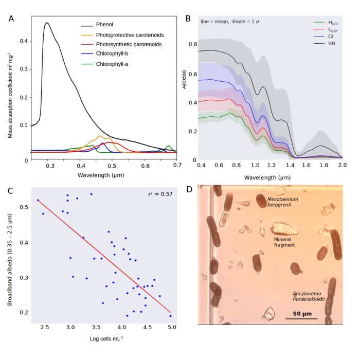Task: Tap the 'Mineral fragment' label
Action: pyautogui.click(x=284, y=242)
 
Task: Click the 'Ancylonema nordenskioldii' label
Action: pyautogui.click(x=310, y=295)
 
